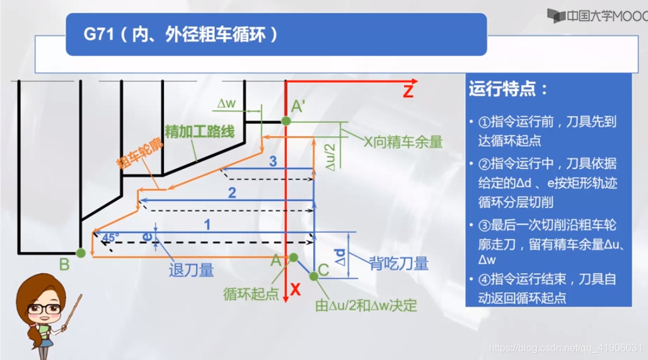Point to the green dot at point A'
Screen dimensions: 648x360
(286, 120)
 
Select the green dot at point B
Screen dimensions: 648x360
(80, 253)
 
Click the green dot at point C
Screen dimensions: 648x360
(313, 275)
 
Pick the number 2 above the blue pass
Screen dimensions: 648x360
(232, 194)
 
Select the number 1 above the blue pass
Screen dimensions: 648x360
(205, 224)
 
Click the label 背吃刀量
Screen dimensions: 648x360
(399, 263)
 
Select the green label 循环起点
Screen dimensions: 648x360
(250, 294)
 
